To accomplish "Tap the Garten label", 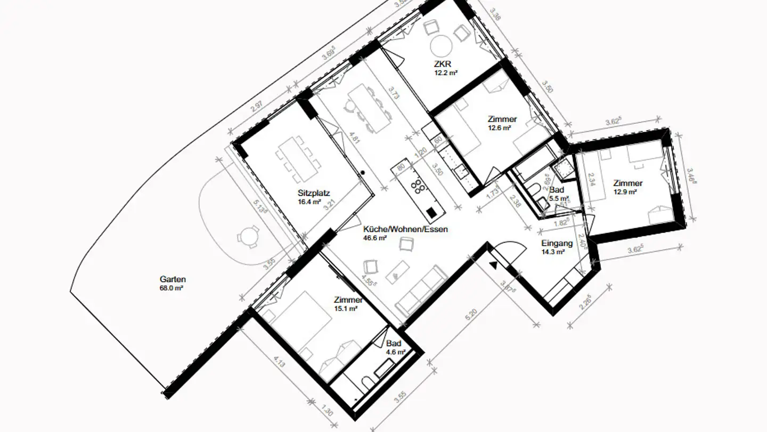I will coord(173,279).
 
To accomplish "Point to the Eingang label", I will coord(557,244).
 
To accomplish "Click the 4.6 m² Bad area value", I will coord(396,352).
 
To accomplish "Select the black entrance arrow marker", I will coord(494,263).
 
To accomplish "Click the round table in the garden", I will coord(249,236).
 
